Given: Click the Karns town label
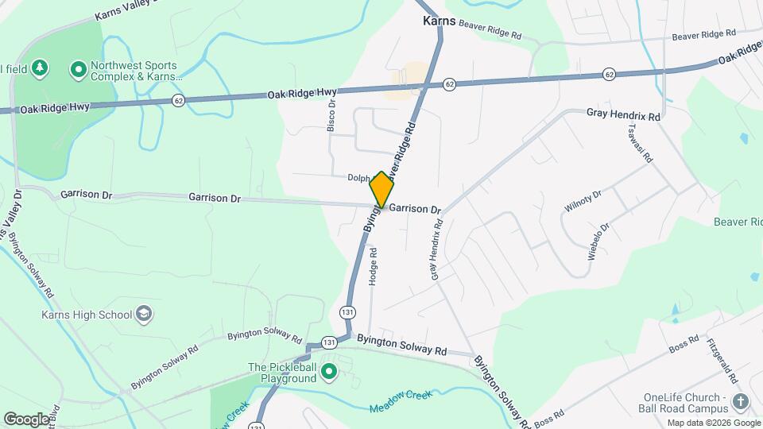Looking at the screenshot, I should coord(439,21).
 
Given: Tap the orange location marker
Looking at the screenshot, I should coord(381,190).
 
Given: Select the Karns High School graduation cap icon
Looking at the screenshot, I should coord(144,314).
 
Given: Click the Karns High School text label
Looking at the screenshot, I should coord(87,315).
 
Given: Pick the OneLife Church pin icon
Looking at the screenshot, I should coord(741,403).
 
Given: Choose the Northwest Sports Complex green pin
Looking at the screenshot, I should coord(78,71).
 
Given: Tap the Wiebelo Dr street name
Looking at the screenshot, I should coord(598,242).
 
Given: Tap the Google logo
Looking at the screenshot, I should coord(26,419).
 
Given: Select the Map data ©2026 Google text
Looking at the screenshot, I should coord(713,423).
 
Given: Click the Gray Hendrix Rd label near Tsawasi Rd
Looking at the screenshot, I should coord(624,115).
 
